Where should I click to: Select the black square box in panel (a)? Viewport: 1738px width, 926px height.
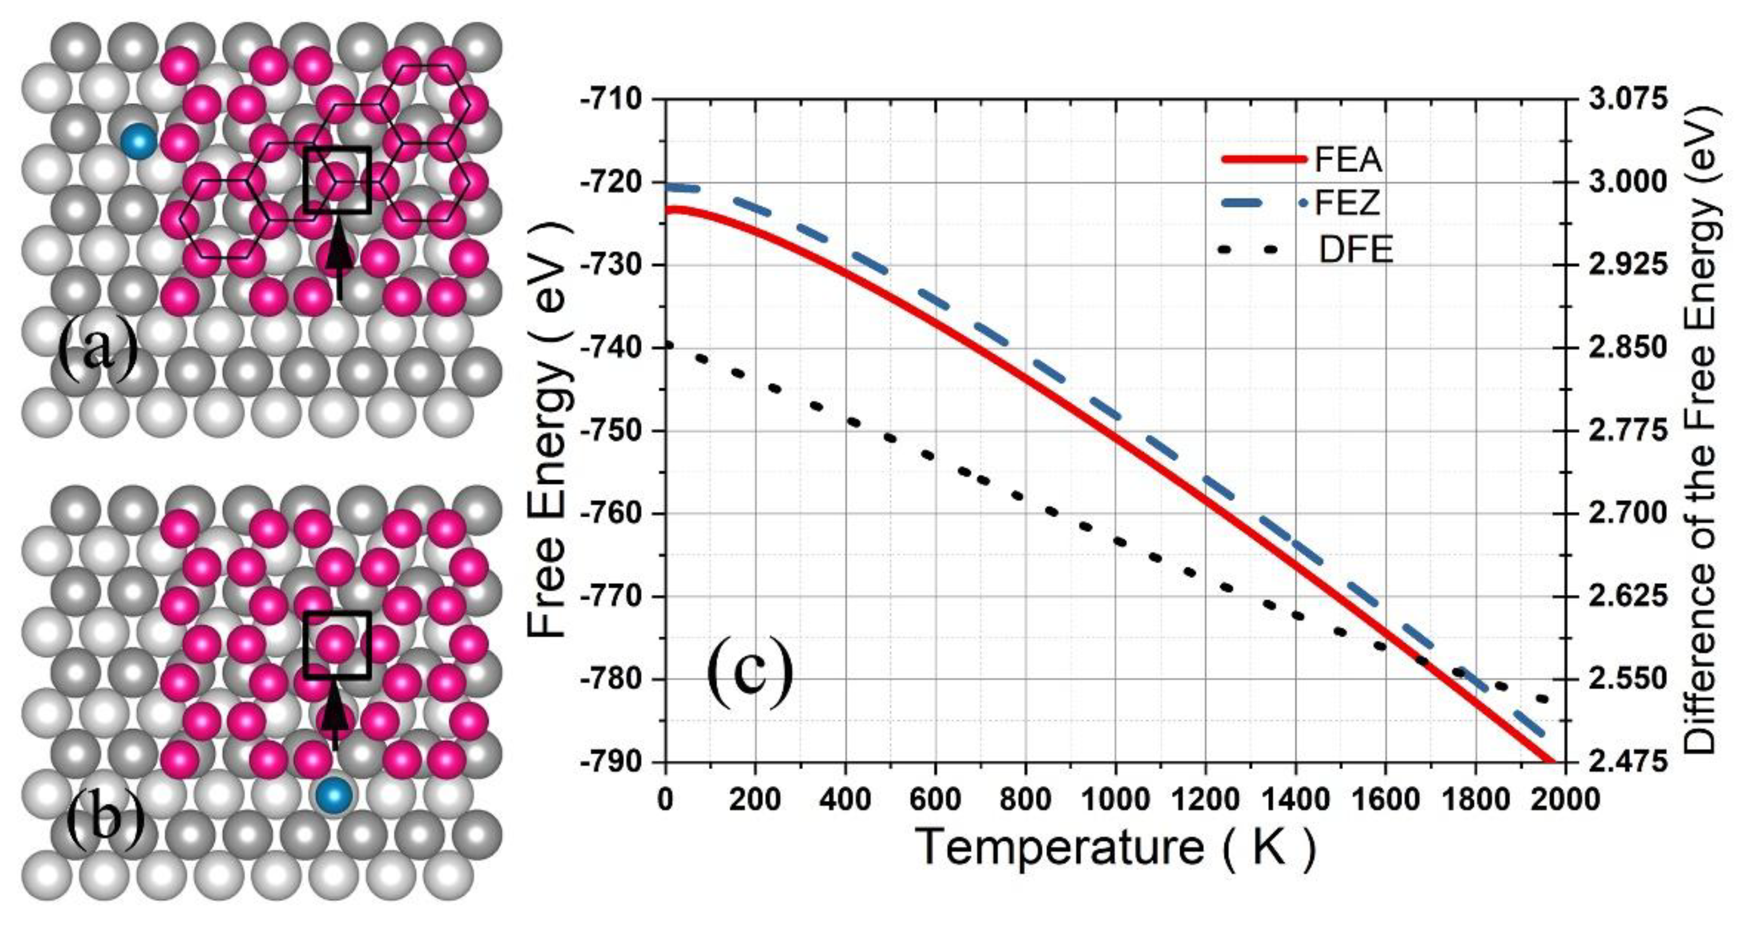coord(336,180)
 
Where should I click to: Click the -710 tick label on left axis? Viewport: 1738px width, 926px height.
coord(610,100)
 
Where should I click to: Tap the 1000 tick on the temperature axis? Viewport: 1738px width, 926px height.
coord(1115,800)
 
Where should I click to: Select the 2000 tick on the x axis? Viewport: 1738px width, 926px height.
coord(1565,800)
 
